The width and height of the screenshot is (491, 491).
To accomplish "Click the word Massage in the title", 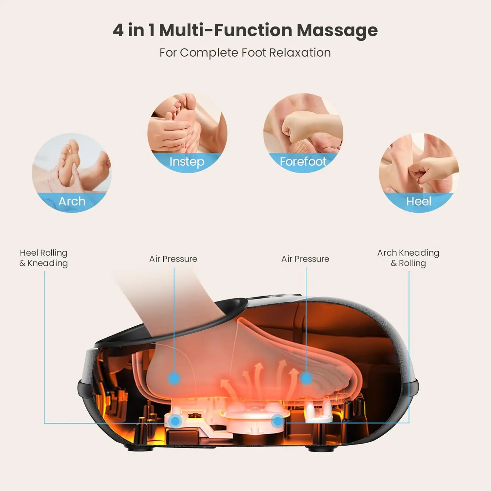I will click(x=337, y=30).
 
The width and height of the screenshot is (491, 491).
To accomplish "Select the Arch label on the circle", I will click(x=72, y=201).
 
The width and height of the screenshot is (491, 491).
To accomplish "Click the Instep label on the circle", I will click(x=187, y=161).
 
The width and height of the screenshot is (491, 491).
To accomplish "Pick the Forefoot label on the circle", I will click(x=303, y=161).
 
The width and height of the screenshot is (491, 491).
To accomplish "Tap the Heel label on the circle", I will click(x=419, y=201).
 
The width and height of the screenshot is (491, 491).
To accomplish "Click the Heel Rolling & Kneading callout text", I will click(x=44, y=258).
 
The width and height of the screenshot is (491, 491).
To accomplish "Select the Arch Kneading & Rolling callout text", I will click(x=408, y=258).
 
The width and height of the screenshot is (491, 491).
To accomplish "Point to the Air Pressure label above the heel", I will click(x=173, y=259).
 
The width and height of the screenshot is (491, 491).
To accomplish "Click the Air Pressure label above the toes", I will click(x=305, y=259).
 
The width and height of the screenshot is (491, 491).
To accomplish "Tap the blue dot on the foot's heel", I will click(x=174, y=378).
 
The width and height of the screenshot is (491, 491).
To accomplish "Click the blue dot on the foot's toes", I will click(x=306, y=378).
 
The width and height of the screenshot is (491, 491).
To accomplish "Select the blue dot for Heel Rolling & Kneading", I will click(x=176, y=421).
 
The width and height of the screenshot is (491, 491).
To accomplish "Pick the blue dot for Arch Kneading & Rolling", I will click(x=278, y=421).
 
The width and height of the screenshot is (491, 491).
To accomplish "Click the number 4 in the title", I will click(x=118, y=30).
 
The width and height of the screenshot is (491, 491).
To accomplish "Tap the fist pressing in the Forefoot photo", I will click(x=296, y=126).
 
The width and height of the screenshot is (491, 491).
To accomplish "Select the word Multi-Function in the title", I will click(x=226, y=30).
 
